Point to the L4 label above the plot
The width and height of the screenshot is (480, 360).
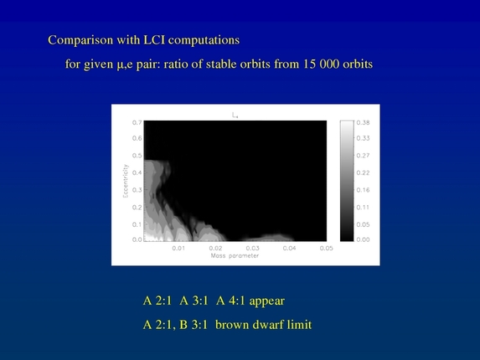click(x=235, y=115)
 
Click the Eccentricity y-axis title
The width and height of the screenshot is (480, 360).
click(x=122, y=180)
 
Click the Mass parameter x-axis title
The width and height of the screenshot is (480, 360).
click(x=235, y=256)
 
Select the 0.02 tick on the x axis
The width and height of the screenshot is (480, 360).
click(x=215, y=248)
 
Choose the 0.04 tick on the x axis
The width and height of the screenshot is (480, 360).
click(x=289, y=248)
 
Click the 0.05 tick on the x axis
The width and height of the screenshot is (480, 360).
click(x=326, y=248)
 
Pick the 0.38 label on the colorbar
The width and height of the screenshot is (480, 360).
click(x=363, y=122)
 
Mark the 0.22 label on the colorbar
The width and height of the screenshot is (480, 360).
click(x=363, y=172)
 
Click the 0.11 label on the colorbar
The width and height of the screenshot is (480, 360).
click(x=363, y=206)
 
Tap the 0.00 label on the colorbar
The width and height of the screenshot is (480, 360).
click(x=363, y=239)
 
